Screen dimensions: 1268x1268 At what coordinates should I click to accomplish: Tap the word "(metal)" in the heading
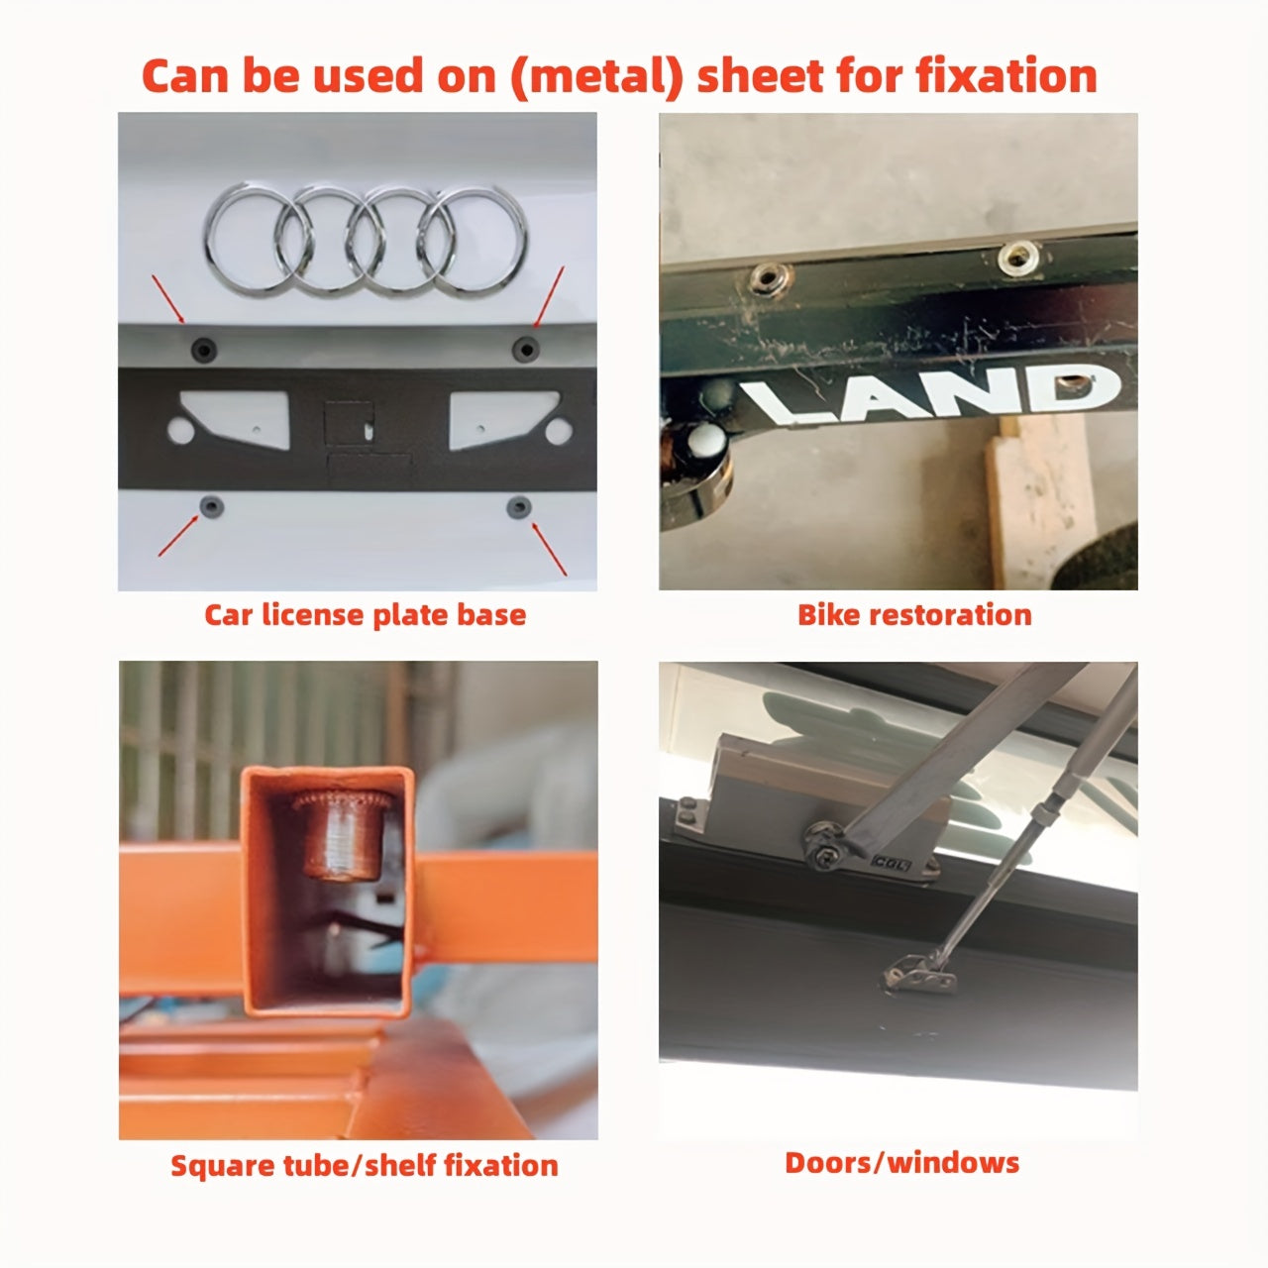[596, 76]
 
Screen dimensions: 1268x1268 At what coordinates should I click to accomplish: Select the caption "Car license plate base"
[365, 615]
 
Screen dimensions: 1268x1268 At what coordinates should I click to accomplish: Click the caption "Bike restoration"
[914, 615]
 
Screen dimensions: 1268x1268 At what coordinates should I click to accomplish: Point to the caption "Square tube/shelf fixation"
[365, 1165]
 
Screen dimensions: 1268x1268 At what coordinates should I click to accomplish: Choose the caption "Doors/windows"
[901, 1162]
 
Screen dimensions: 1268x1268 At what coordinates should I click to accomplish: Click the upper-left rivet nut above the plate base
[204, 349]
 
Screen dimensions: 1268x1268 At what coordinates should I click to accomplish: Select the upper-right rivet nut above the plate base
[525, 348]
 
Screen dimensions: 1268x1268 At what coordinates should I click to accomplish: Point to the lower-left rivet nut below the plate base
[212, 507]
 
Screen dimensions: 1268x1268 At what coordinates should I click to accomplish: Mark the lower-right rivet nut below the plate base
[519, 508]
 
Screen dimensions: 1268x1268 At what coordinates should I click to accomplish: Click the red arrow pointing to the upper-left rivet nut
[167, 299]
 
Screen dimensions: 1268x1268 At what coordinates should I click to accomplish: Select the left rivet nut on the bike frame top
[766, 276]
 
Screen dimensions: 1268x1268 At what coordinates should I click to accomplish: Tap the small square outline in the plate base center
[350, 424]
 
